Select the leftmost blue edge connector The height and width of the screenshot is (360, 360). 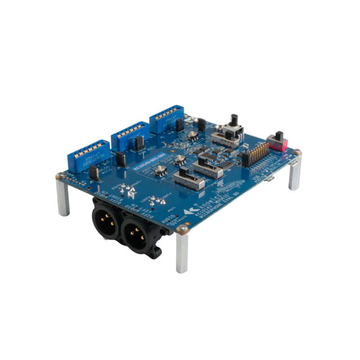88,156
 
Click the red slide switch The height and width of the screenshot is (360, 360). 278,141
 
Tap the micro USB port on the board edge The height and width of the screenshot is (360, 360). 271,179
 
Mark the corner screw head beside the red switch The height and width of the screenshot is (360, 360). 297,152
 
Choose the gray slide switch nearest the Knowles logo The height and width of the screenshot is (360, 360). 187,179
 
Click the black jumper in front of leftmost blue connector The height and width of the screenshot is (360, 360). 94,173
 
